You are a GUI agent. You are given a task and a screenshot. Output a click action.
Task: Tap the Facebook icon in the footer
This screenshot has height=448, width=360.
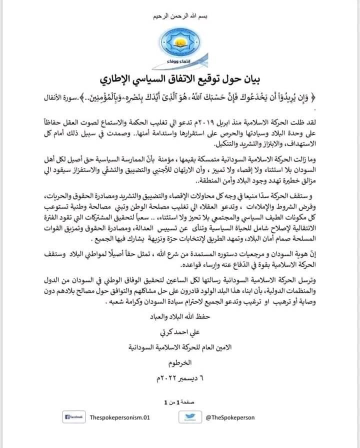click(74, 416)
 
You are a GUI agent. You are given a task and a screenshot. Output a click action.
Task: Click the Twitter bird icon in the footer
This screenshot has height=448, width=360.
click(189, 416)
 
